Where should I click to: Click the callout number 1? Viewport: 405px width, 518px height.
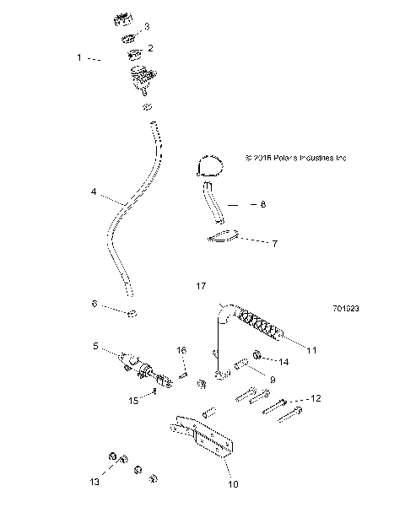click(x=79, y=58)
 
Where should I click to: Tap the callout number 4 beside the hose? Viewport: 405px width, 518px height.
click(x=94, y=192)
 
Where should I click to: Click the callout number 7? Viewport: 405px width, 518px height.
click(x=273, y=243)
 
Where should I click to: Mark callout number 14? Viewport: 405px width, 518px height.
click(x=283, y=362)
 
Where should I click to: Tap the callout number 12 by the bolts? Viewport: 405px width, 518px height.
click(x=317, y=397)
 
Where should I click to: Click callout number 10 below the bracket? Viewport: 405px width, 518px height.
click(x=233, y=484)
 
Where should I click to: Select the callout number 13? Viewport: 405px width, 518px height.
click(x=95, y=481)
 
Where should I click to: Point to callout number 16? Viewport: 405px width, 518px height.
click(x=181, y=350)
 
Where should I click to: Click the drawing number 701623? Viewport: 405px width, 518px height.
click(x=347, y=309)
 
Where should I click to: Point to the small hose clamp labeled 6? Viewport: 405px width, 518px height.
click(x=132, y=316)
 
